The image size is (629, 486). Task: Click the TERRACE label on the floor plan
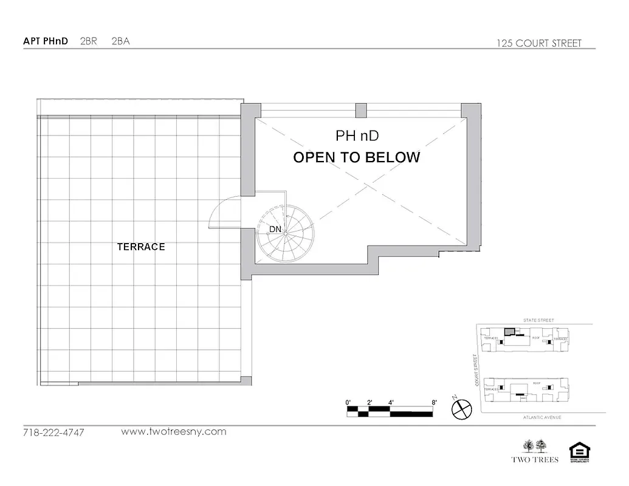click(x=141, y=247)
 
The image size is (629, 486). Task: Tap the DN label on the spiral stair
click(x=275, y=229)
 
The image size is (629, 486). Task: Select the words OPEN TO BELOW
click(x=357, y=157)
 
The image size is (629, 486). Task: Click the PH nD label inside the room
click(x=357, y=135)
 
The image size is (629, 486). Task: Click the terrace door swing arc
click(x=224, y=213)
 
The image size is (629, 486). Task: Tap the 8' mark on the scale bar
click(x=433, y=402)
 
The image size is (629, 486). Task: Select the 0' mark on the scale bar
click(x=348, y=402)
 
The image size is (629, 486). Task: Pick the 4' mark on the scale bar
click(x=391, y=402)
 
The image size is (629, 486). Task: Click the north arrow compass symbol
click(x=462, y=408)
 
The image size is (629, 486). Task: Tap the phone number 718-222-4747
click(x=53, y=433)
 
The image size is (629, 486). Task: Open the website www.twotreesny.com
click(x=174, y=432)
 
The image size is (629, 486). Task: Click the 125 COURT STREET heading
click(x=539, y=43)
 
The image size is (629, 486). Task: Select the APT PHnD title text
click(x=46, y=41)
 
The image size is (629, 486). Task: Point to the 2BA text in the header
click(x=121, y=41)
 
